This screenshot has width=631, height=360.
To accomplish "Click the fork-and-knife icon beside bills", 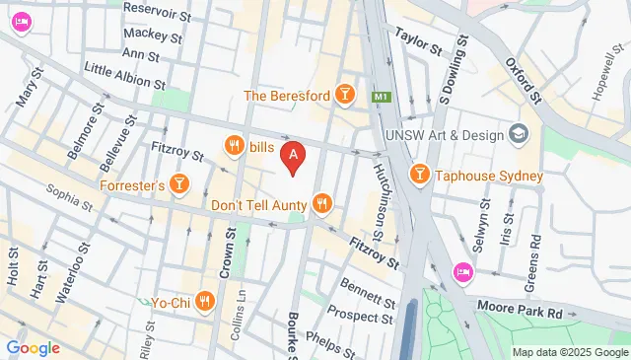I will pyautogui.click(x=235, y=147).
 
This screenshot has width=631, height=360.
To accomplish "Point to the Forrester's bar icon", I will pyautogui.click(x=178, y=183).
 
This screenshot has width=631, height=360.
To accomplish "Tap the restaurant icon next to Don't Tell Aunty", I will pyautogui.click(x=321, y=204).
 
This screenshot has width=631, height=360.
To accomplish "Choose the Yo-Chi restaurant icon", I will pyautogui.click(x=204, y=300).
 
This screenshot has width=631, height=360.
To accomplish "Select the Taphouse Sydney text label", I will pyautogui.click(x=490, y=176).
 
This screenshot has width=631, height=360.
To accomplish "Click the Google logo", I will pyautogui.click(x=33, y=347).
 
